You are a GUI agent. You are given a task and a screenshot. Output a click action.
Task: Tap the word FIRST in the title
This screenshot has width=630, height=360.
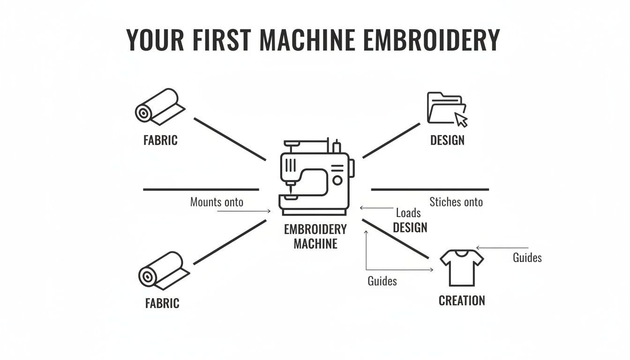(x=220, y=40)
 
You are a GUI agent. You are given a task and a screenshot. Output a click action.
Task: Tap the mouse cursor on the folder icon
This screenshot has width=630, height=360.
(x=462, y=120)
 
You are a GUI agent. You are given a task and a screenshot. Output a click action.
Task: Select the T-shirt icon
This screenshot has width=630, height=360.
(x=462, y=267)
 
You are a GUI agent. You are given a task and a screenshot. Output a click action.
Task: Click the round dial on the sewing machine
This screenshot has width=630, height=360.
(x=337, y=180)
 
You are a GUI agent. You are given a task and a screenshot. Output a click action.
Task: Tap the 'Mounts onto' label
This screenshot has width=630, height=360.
(x=217, y=202)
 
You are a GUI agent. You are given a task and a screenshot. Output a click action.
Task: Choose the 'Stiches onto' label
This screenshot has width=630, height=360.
(x=456, y=202)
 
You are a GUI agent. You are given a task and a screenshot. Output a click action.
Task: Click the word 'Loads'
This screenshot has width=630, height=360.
(x=408, y=213)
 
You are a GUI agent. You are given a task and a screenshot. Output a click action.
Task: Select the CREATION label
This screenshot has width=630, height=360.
(x=462, y=300)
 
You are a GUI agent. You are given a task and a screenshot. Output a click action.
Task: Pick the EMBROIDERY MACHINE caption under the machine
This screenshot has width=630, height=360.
(x=315, y=236)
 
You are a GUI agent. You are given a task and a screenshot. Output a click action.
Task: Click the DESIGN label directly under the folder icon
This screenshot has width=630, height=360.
(x=447, y=140)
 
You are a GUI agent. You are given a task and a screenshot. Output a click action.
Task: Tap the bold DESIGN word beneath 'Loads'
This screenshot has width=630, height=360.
(x=410, y=228)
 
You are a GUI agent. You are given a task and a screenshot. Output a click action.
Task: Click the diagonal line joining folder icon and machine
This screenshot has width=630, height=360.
(x=391, y=140)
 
